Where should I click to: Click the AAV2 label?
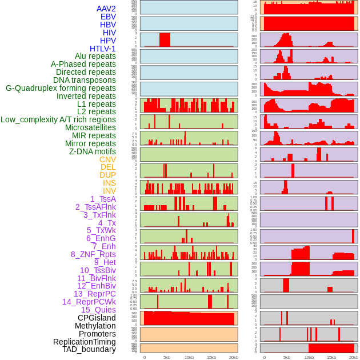pyautogui.click(x=106, y=9)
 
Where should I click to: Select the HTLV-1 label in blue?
pyautogui.click(x=103, y=49)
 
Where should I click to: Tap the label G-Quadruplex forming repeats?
pyautogui.click(x=61, y=88)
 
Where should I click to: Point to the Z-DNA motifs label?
pyautogui.click(x=93, y=151)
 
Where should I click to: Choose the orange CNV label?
pyautogui.click(x=107, y=159)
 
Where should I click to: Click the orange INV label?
pyautogui.click(x=109, y=191)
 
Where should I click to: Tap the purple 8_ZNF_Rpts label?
pyautogui.click(x=93, y=254)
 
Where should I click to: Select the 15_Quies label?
pyautogui.click(x=98, y=310)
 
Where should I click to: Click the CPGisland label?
pyautogui.click(x=97, y=318)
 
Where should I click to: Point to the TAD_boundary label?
pyautogui.click(x=89, y=349)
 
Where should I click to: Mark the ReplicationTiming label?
pyautogui.click(x=85, y=342)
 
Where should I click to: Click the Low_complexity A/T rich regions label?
pyautogui.click(x=58, y=119)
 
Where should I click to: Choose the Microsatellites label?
pyautogui.click(x=90, y=127)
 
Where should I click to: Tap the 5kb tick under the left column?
pyautogui.click(x=167, y=357)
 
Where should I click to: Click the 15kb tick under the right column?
pyautogui.click(x=331, y=357)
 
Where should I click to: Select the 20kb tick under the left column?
pyautogui.click(x=233, y=357)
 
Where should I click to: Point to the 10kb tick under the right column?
pyautogui.click(x=309, y=357)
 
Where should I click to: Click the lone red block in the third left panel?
pyautogui.click(x=165, y=39)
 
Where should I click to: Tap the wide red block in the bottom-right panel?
pyautogui.click(x=331, y=348)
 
